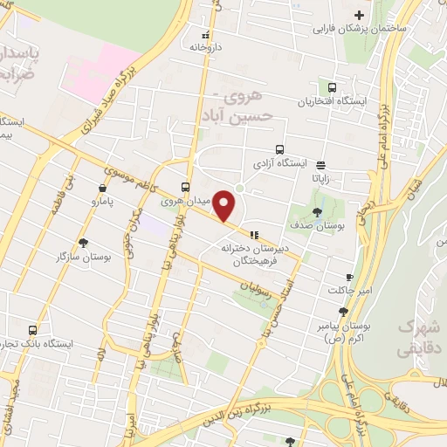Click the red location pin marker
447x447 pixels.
coord(225,206)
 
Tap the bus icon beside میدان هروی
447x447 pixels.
coord(185,187)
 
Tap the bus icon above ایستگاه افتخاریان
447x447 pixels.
coord(332,86)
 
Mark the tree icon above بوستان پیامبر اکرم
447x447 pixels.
coord(345,311)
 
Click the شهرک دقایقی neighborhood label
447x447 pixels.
coord(416,336)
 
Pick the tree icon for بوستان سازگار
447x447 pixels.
coord(83,243)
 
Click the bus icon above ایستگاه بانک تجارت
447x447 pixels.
coord(33,330)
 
